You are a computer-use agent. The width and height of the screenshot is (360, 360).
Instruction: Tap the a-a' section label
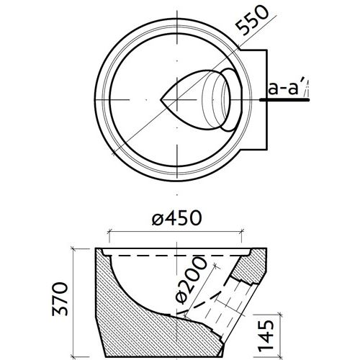click(x=285, y=89)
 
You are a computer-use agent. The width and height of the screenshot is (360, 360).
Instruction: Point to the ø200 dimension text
click(x=186, y=286)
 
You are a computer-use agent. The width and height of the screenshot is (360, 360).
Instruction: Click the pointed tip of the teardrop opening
click(x=161, y=97)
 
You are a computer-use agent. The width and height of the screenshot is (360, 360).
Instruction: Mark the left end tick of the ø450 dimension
click(x=108, y=233)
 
